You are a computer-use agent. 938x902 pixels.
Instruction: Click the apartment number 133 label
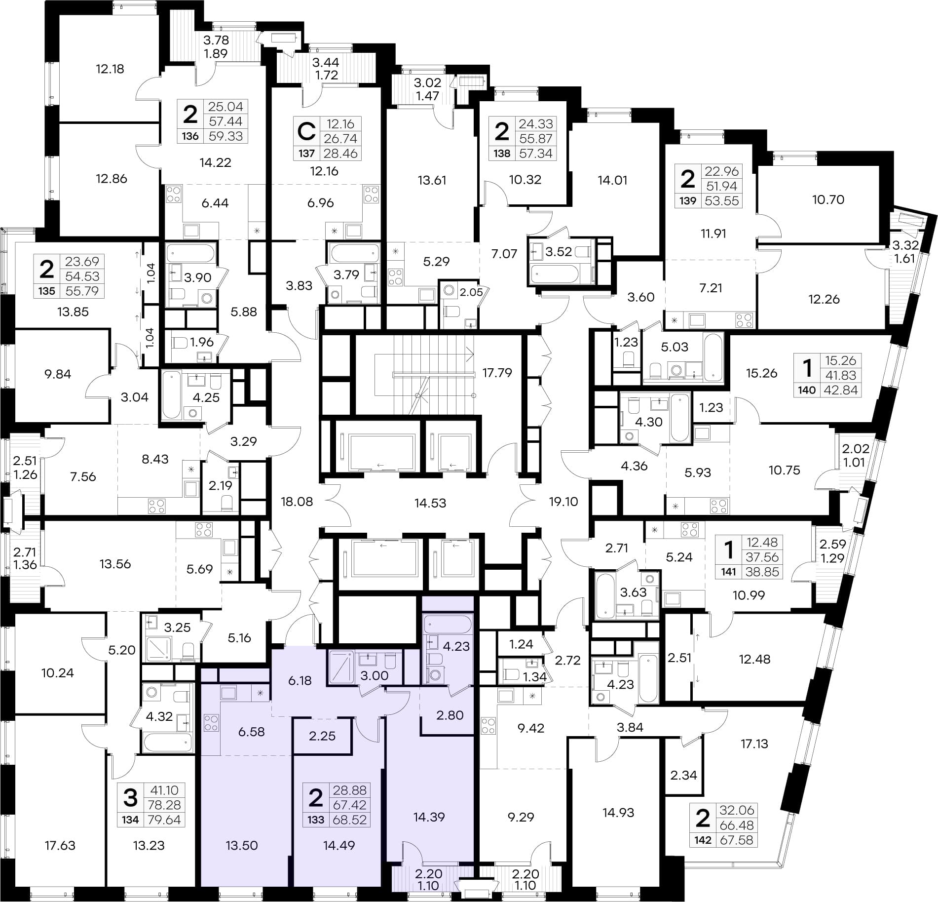(316, 820)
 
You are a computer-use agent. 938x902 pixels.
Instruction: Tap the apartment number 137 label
(306, 153)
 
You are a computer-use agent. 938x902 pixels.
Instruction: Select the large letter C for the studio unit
(306, 132)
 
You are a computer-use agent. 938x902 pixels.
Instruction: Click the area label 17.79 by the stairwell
(497, 372)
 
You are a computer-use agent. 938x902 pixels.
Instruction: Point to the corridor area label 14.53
(430, 503)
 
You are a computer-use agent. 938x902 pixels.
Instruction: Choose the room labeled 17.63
(60, 845)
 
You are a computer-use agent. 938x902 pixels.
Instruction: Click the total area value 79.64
(164, 820)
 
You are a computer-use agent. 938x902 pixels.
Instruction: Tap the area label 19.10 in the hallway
(563, 502)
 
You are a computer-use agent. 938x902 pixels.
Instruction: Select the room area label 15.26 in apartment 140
(761, 373)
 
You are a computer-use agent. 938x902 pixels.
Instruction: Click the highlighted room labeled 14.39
(429, 817)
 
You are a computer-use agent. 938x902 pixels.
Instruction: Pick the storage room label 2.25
(322, 736)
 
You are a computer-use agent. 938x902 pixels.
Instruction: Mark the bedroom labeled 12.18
(110, 69)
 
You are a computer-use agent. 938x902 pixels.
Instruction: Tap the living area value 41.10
(164, 790)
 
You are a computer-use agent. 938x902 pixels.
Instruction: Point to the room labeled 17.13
(754, 744)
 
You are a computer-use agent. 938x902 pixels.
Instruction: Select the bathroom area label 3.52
(559, 252)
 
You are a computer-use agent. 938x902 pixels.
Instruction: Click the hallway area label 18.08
(297, 502)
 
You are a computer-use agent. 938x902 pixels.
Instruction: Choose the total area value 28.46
(340, 153)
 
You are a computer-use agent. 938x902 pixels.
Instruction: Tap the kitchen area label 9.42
(530, 728)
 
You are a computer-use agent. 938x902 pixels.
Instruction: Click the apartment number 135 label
(47, 291)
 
